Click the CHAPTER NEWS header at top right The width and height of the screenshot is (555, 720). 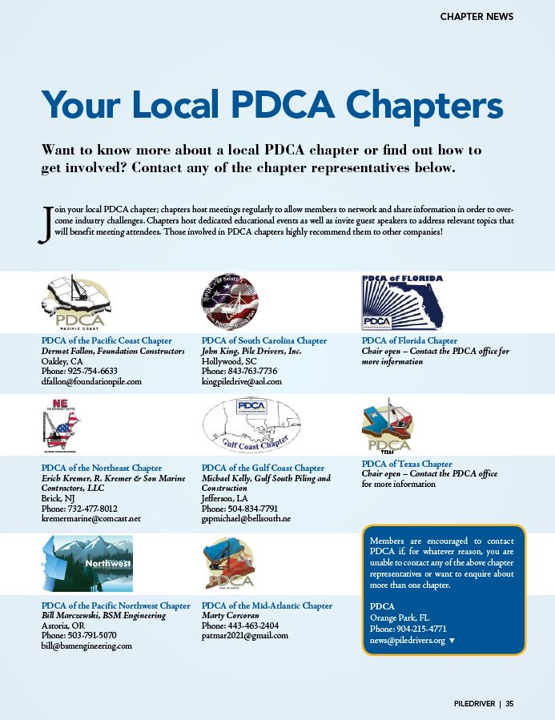click(477, 16)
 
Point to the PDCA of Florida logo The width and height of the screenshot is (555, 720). click(402, 302)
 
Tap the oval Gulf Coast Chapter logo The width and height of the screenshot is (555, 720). click(251, 425)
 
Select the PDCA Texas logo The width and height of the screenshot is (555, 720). click(388, 425)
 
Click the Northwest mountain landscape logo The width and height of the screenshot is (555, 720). click(87, 563)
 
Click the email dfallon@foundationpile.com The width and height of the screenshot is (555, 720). click(90, 382)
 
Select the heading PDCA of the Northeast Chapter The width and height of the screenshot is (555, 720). click(101, 468)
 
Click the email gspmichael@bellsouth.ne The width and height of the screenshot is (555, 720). click(246, 519)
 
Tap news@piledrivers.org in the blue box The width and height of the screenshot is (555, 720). click(408, 641)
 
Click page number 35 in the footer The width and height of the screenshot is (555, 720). click(509, 704)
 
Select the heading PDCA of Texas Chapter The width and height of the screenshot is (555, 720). click(407, 464)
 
